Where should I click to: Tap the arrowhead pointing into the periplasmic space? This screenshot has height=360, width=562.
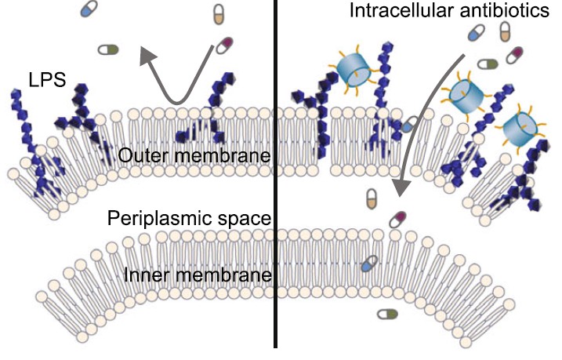coord(401,189)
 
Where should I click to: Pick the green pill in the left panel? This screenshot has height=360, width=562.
coord(108,49)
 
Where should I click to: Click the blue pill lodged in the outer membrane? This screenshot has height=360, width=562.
coord(410,125)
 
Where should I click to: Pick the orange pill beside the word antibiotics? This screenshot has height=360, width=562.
coord(506,32)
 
